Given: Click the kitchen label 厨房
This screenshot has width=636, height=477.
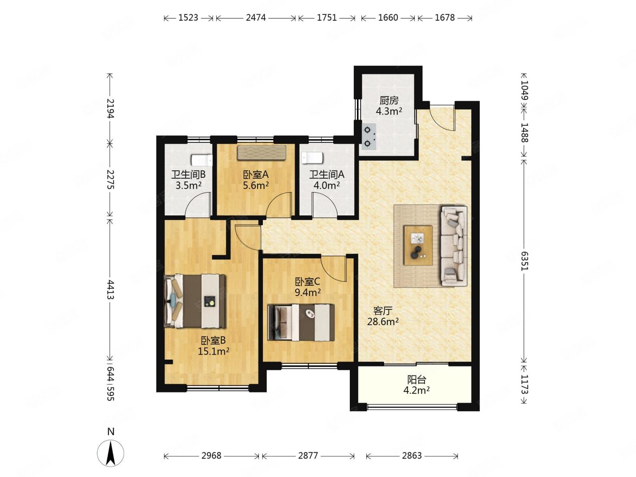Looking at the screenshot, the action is click(x=389, y=100).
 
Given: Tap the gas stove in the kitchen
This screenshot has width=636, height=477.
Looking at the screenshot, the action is click(x=369, y=137).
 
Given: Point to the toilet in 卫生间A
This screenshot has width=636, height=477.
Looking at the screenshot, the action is click(x=312, y=158).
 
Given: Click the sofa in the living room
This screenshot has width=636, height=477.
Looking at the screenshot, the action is click(x=454, y=246).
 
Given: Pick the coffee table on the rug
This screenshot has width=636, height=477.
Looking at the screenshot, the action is click(x=418, y=245).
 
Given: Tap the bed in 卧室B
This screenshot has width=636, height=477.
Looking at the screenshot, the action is click(x=195, y=301).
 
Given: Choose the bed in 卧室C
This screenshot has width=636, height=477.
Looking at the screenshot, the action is click(x=301, y=322).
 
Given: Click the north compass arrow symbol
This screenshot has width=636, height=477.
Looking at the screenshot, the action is click(x=110, y=453).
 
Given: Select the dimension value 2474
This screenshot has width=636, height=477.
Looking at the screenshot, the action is click(x=256, y=17).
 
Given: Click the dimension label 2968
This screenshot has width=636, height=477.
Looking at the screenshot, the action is click(x=211, y=456).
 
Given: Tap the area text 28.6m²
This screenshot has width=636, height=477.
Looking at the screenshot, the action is click(x=383, y=322).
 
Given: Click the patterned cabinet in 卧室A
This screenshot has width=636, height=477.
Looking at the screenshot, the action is click(x=262, y=152).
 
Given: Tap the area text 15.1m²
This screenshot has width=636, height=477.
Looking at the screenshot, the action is click(x=214, y=352).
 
